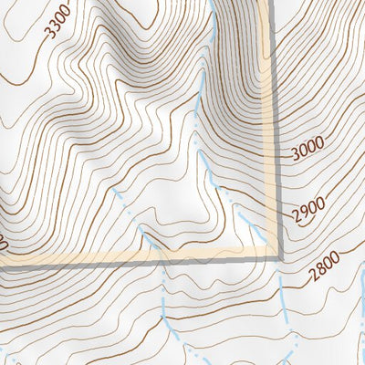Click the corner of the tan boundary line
click(273, 255)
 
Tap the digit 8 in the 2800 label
click(317, 272)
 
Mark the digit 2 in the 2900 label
click(296, 219)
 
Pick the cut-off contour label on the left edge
click(4, 245)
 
